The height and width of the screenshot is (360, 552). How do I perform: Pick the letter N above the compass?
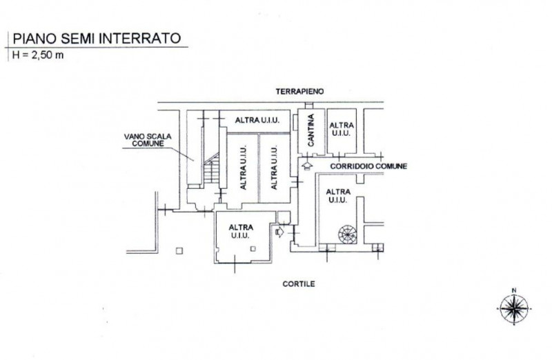(x=513, y=290)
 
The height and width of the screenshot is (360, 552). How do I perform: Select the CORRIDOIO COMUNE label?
(x=368, y=167)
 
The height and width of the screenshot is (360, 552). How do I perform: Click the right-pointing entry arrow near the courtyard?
(x=279, y=232)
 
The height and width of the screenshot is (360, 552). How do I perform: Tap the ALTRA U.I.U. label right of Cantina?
(x=342, y=129)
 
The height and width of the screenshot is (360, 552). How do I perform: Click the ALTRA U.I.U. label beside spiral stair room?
(x=337, y=195)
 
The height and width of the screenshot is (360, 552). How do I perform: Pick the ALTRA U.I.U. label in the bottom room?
(x=241, y=232)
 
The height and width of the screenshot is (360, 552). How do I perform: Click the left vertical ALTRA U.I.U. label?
(x=244, y=168)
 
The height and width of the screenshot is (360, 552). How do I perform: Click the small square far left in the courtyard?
(x=179, y=250)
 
